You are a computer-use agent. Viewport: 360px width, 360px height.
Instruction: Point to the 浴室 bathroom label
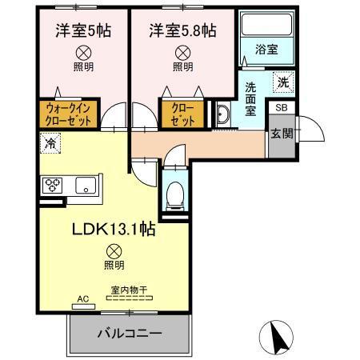point(267,49)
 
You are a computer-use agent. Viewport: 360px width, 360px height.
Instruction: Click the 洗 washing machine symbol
point(282,81)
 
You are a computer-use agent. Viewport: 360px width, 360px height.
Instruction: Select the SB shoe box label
point(281,107)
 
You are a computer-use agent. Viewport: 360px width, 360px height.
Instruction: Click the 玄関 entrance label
point(281,132)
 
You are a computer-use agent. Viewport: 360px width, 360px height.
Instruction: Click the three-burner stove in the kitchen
point(54,186)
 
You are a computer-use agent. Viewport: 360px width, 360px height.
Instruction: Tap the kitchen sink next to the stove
point(84,186)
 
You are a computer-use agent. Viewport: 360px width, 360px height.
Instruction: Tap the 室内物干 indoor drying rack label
point(124,292)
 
